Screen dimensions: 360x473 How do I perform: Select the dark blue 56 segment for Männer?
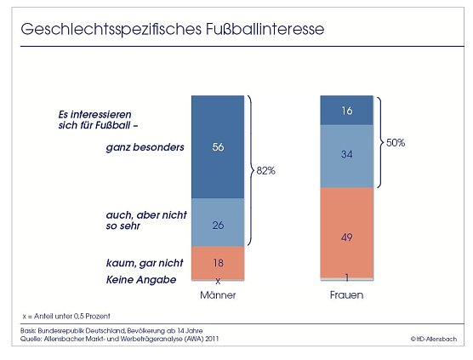(217, 146)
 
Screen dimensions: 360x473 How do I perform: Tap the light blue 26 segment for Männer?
(217, 223)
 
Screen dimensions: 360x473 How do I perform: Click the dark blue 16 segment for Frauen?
(346, 111)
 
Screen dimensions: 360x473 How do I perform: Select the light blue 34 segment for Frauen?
(346, 156)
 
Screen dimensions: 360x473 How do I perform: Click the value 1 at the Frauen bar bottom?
(346, 277)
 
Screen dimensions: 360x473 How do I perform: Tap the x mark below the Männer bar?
(218, 280)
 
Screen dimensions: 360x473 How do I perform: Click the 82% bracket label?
(266, 170)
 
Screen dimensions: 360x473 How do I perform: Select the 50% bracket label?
(395, 142)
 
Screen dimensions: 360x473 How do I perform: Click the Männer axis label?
(217, 295)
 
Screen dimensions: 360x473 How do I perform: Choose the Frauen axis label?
(346, 295)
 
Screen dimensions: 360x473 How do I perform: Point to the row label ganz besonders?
(145, 147)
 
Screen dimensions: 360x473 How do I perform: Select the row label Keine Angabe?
(141, 279)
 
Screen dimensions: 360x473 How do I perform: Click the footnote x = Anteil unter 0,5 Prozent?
(67, 315)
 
